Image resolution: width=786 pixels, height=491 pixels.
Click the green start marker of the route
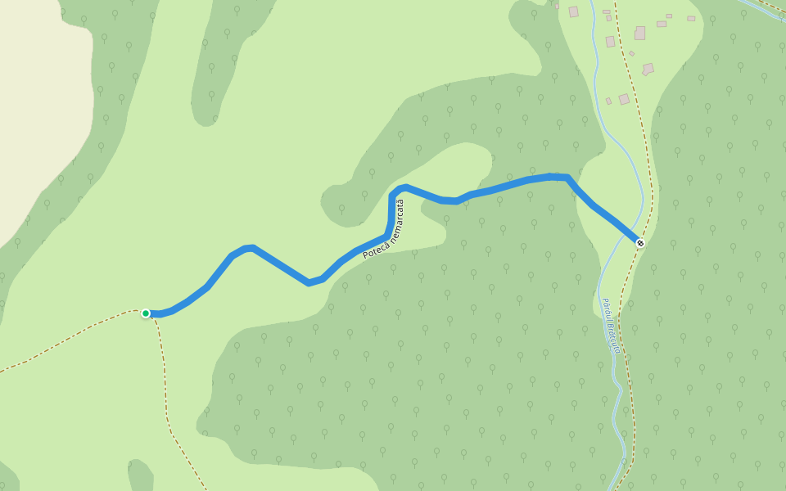click(146, 313)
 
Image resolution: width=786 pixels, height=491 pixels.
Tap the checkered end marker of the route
click(640, 243)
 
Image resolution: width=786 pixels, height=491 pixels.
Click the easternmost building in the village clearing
click(691, 18)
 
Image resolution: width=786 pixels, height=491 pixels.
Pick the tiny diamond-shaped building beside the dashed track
click(631, 54)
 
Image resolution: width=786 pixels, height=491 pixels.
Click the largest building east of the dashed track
click(639, 34)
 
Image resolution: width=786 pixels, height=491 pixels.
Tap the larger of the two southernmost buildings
click(624, 99)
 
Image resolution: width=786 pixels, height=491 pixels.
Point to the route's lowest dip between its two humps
click(309, 283)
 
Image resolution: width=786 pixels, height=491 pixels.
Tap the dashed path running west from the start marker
click(65, 341)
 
